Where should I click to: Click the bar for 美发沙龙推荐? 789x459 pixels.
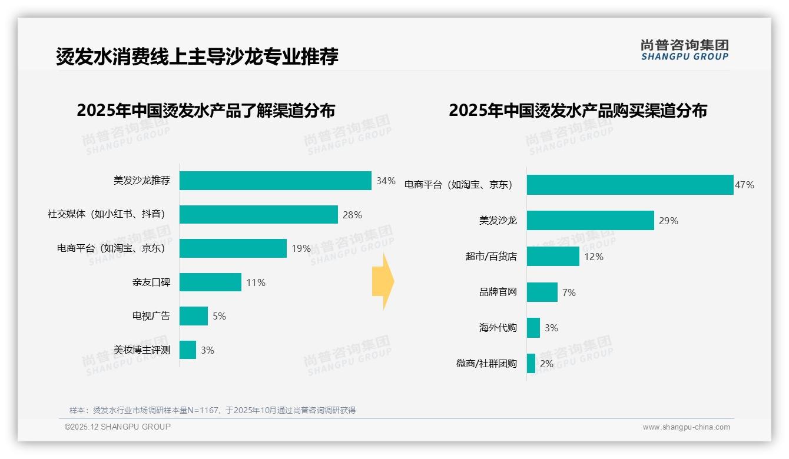pyautogui.click(x=275, y=181)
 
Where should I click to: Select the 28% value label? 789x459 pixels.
pyautogui.click(x=352, y=215)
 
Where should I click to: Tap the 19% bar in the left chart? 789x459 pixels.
pyautogui.click(x=233, y=248)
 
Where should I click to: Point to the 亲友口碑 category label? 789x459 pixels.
pyautogui.click(x=151, y=282)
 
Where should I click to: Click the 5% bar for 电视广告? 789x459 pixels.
pyautogui.click(x=193, y=316)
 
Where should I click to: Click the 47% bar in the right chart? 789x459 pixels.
pyautogui.click(x=629, y=185)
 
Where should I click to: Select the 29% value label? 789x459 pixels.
pyautogui.click(x=668, y=221)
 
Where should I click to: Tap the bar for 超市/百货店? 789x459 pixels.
pyautogui.click(x=553, y=257)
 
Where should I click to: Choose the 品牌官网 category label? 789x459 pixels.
pyautogui.click(x=498, y=292)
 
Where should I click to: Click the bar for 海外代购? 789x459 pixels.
pyautogui.click(x=533, y=328)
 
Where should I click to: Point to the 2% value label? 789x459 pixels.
pyautogui.click(x=546, y=364)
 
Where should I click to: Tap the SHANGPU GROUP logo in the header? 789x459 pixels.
pyautogui.click(x=684, y=50)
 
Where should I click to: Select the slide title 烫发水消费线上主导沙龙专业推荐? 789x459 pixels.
pyautogui.click(x=197, y=57)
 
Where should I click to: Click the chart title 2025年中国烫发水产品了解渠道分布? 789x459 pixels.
pyautogui.click(x=205, y=111)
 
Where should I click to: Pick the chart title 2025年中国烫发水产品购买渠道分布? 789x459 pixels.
pyautogui.click(x=578, y=111)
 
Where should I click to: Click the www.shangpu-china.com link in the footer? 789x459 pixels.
pyautogui.click(x=686, y=427)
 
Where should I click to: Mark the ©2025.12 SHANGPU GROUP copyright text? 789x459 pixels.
pyautogui.click(x=118, y=427)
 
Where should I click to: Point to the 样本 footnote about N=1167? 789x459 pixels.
pyautogui.click(x=213, y=410)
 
